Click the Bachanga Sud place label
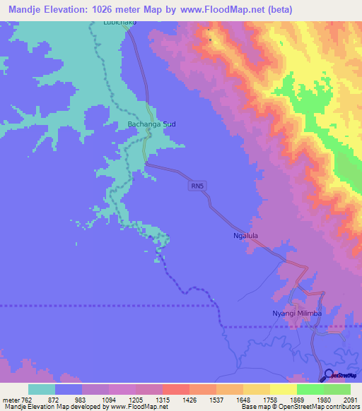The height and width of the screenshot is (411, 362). [151, 124]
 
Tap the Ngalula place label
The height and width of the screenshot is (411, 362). [246, 237]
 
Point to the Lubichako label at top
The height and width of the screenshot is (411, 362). [109, 23]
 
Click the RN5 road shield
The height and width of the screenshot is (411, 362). [197, 186]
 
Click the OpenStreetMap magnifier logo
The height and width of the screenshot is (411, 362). [328, 375]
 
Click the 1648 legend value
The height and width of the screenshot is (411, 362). [242, 400]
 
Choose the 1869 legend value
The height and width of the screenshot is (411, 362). [297, 400]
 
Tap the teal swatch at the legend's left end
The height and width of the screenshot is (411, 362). [42, 389]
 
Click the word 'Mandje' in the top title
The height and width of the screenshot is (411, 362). [21, 9]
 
